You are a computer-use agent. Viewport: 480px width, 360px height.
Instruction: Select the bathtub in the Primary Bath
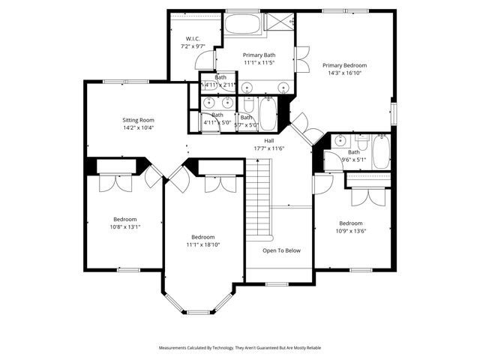(241, 24)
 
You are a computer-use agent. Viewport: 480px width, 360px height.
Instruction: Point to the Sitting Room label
(138, 120)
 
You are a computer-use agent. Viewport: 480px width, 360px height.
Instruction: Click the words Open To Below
(281, 250)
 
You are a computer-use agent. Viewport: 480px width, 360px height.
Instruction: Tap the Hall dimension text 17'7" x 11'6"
(268, 148)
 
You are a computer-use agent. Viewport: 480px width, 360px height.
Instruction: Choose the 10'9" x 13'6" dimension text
(350, 231)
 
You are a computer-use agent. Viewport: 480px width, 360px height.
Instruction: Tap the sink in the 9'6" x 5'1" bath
(340, 139)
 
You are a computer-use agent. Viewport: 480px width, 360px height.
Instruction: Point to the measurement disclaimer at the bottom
(240, 348)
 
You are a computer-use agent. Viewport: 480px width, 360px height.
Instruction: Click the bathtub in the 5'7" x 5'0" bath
(268, 115)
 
